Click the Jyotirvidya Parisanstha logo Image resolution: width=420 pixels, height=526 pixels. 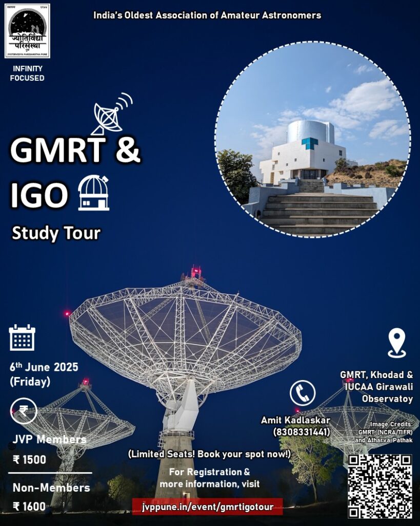[x=27, y=31]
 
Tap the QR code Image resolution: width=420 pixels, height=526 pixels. [x=380, y=486]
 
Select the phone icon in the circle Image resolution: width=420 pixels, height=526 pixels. [x=303, y=393]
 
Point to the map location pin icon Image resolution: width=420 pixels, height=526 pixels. [x=397, y=343]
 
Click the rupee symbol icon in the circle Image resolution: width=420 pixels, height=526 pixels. [x=24, y=410]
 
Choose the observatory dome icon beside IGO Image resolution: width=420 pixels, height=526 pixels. [x=94, y=193]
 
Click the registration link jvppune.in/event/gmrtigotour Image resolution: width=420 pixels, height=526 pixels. [x=208, y=506]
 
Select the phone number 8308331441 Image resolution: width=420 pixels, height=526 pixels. [x=302, y=431]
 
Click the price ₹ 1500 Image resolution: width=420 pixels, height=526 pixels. [x=29, y=459]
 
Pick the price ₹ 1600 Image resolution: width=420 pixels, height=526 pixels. [x=29, y=506]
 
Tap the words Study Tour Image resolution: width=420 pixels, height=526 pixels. [x=56, y=233]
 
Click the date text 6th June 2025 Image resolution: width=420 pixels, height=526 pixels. [x=44, y=367]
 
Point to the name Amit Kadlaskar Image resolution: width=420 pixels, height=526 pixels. [x=296, y=420]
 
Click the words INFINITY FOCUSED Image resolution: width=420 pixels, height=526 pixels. [x=27, y=73]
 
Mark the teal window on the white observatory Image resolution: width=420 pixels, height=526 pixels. [x=310, y=143]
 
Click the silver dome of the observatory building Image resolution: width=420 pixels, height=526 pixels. [x=310, y=131]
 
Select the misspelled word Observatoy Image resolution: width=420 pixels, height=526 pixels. [x=388, y=399]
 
